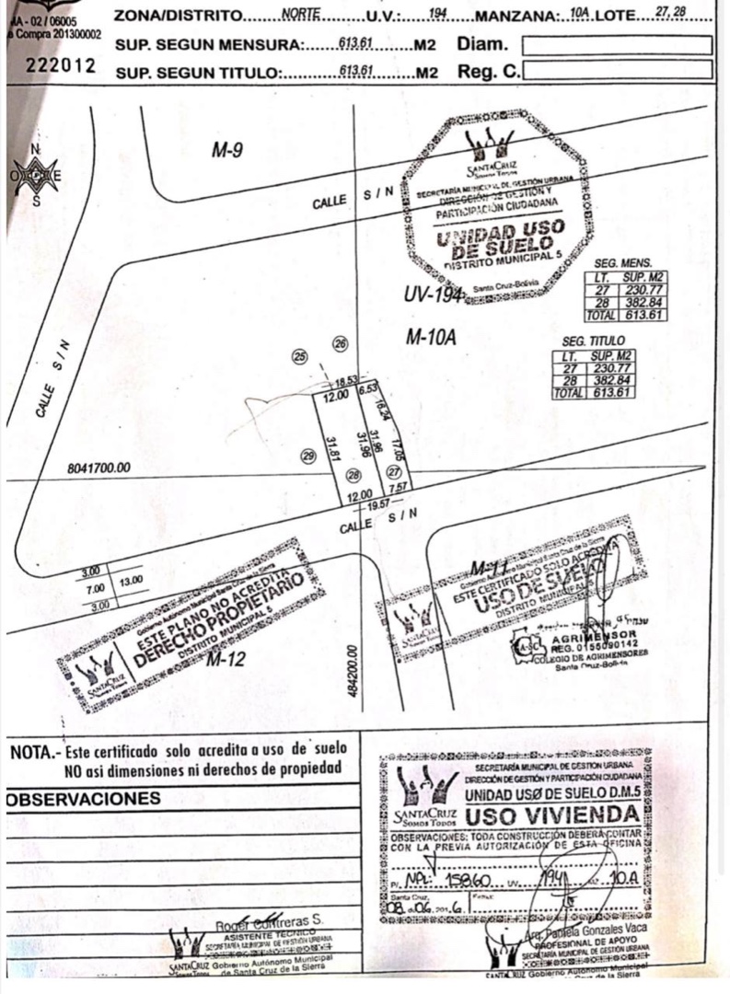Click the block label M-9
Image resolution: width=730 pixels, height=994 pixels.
(226, 150)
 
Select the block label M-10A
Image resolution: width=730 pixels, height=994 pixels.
(432, 339)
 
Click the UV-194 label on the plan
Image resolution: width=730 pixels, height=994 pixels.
(432, 295)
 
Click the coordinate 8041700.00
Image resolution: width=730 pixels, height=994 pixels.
(99, 468)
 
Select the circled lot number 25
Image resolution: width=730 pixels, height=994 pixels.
(297, 357)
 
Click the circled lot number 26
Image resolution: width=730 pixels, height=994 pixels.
(340, 343)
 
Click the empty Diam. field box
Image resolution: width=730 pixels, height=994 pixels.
(616, 45)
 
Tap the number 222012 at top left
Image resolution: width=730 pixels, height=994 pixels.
(61, 65)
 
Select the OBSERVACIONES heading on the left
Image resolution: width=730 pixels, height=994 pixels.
(84, 799)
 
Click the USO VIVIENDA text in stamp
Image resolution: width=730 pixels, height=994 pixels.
(551, 816)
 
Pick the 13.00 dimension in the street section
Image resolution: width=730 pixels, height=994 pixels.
(131, 580)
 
